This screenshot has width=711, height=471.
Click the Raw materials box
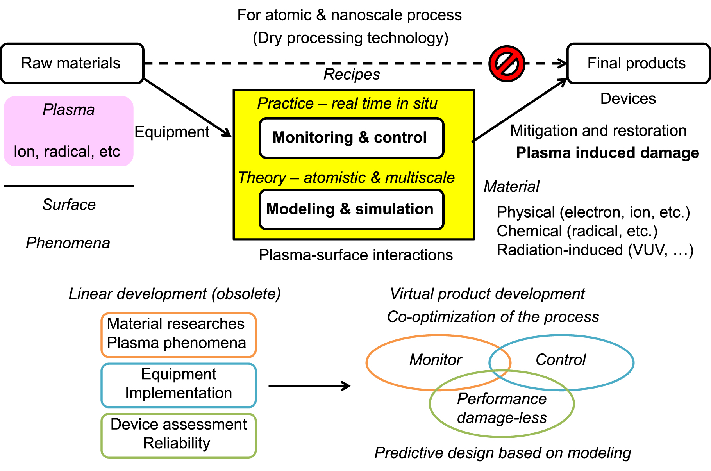pyautogui.click(x=72, y=63)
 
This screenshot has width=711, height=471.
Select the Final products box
pyautogui.click(x=638, y=63)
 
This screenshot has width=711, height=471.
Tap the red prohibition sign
pyautogui.click(x=507, y=64)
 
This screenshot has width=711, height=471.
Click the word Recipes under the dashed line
pyautogui.click(x=352, y=75)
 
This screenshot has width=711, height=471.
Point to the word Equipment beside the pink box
pyautogui.click(x=172, y=132)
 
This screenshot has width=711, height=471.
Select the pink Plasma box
pyautogui.click(x=68, y=131)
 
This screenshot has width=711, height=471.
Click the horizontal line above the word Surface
pyautogui.click(x=69, y=186)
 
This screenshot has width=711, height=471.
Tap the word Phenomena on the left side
pyautogui.click(x=68, y=243)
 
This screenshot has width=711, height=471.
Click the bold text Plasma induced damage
pyautogui.click(x=607, y=153)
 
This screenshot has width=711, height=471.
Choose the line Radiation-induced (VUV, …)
pyautogui.click(x=595, y=250)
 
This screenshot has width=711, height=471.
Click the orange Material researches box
pyautogui.click(x=179, y=335)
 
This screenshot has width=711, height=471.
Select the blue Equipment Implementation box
pyautogui.click(x=179, y=385)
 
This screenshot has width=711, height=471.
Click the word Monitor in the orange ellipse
pyautogui.click(x=436, y=360)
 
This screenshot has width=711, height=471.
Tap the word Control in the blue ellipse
pyautogui.click(x=561, y=360)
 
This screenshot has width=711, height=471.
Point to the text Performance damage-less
pyautogui.click(x=502, y=408)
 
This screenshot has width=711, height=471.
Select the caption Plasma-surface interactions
pyautogui.click(x=355, y=255)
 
